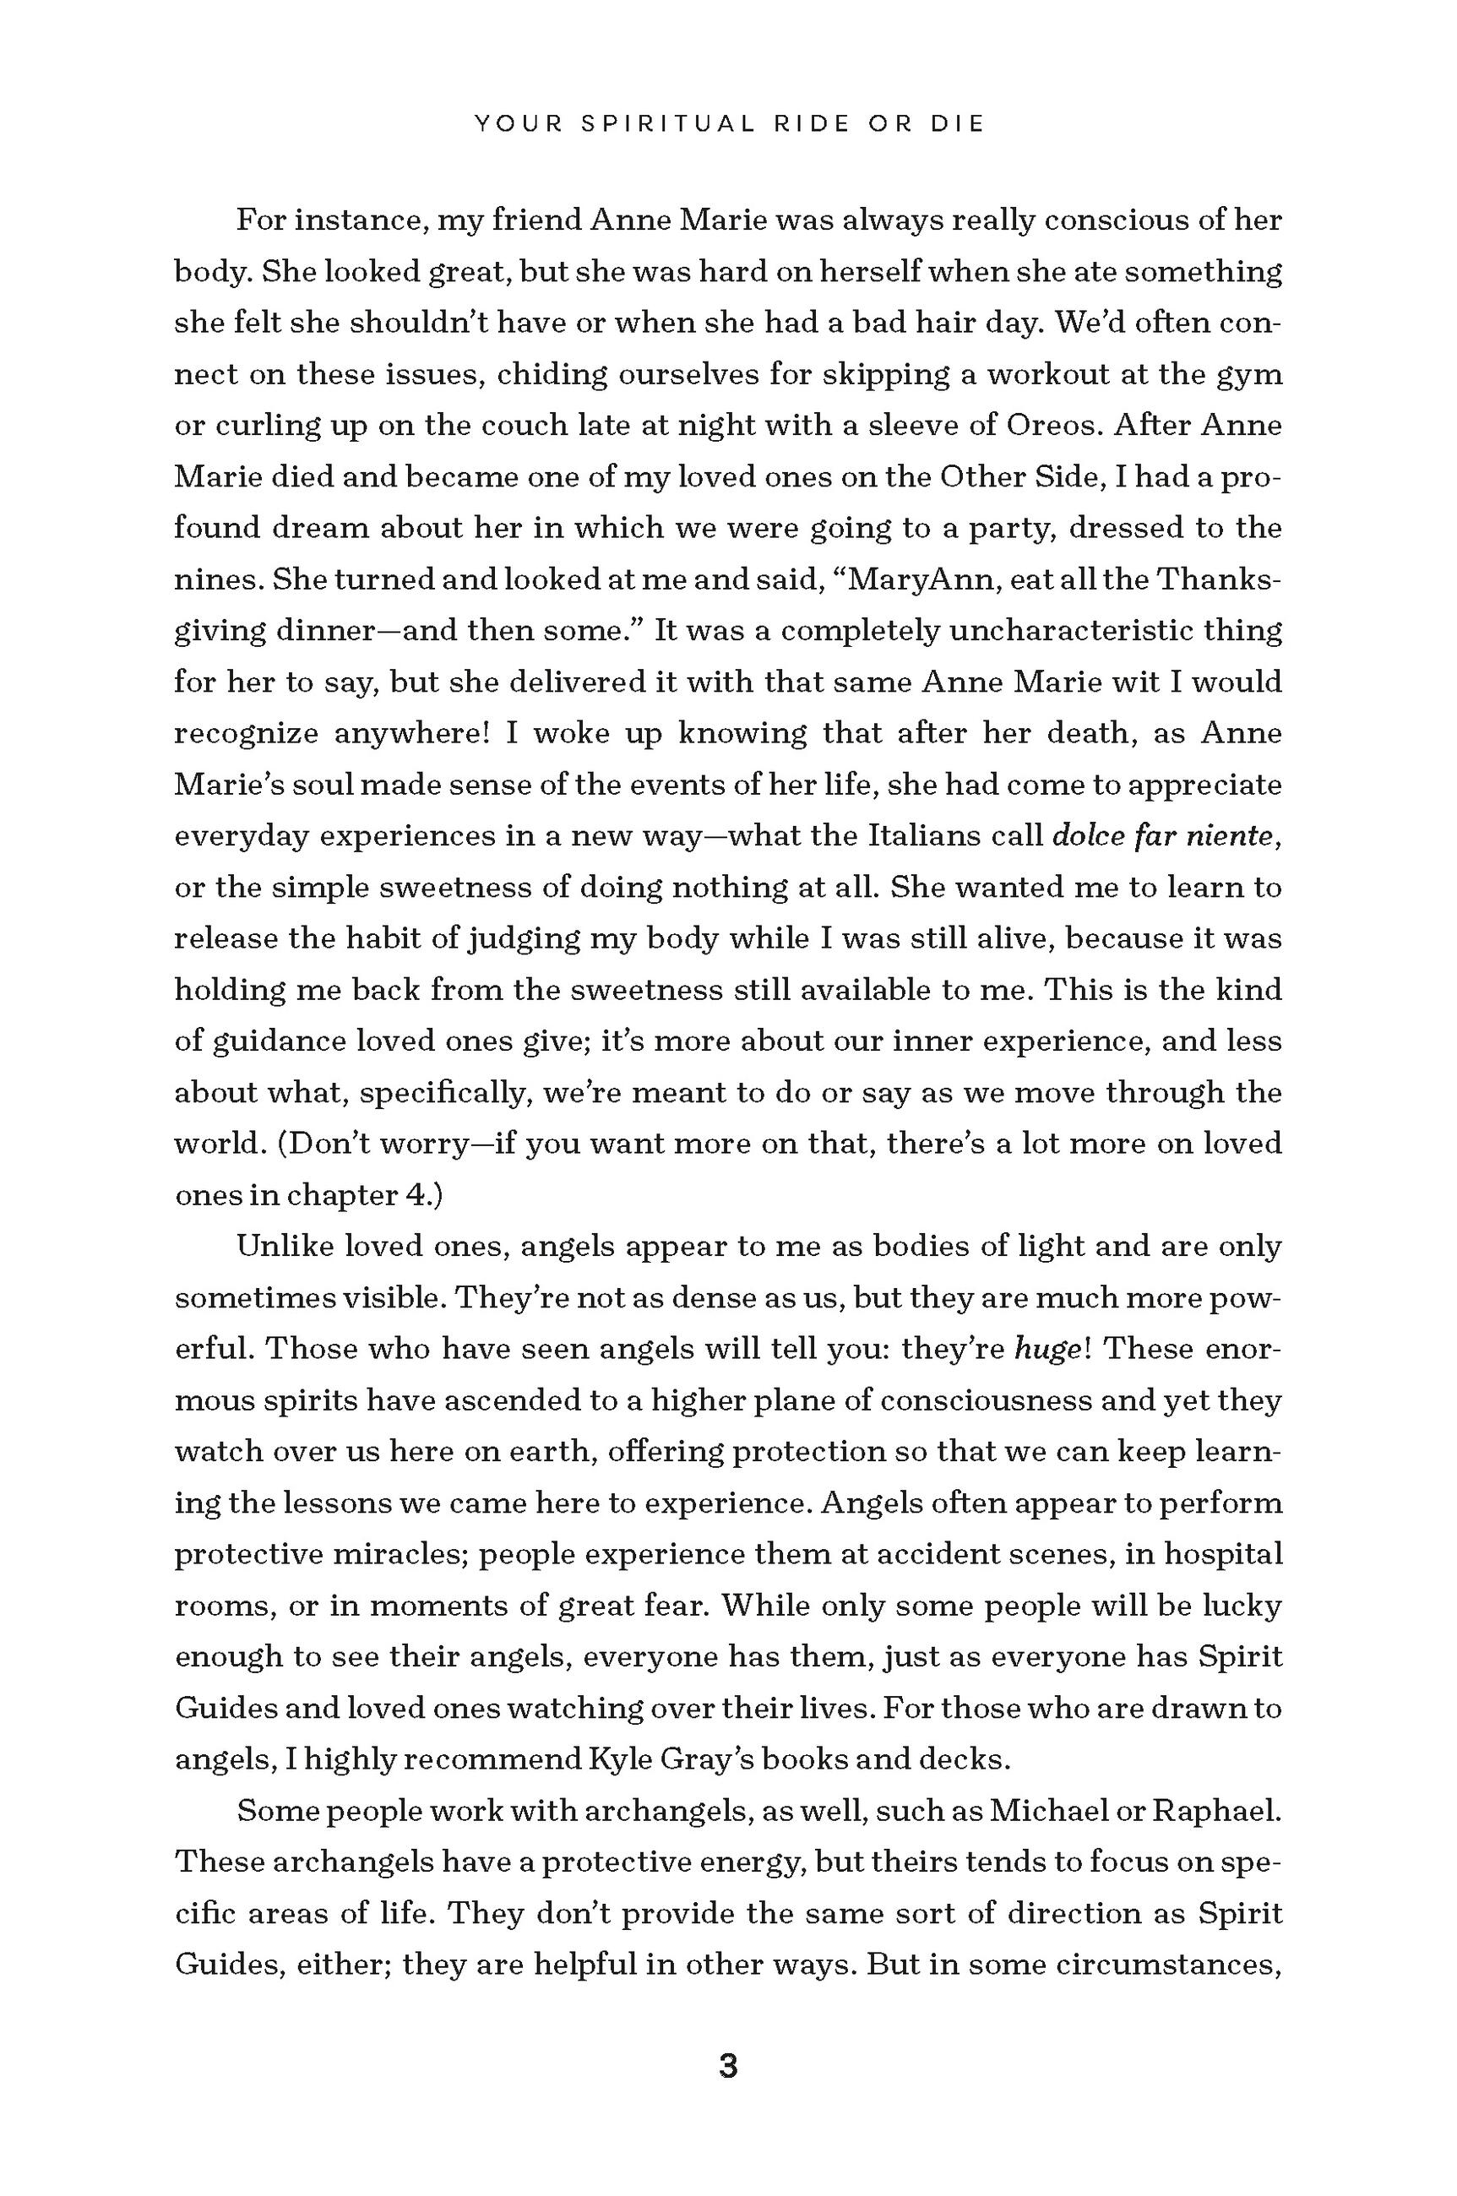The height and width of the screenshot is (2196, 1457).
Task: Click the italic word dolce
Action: (1088, 836)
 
